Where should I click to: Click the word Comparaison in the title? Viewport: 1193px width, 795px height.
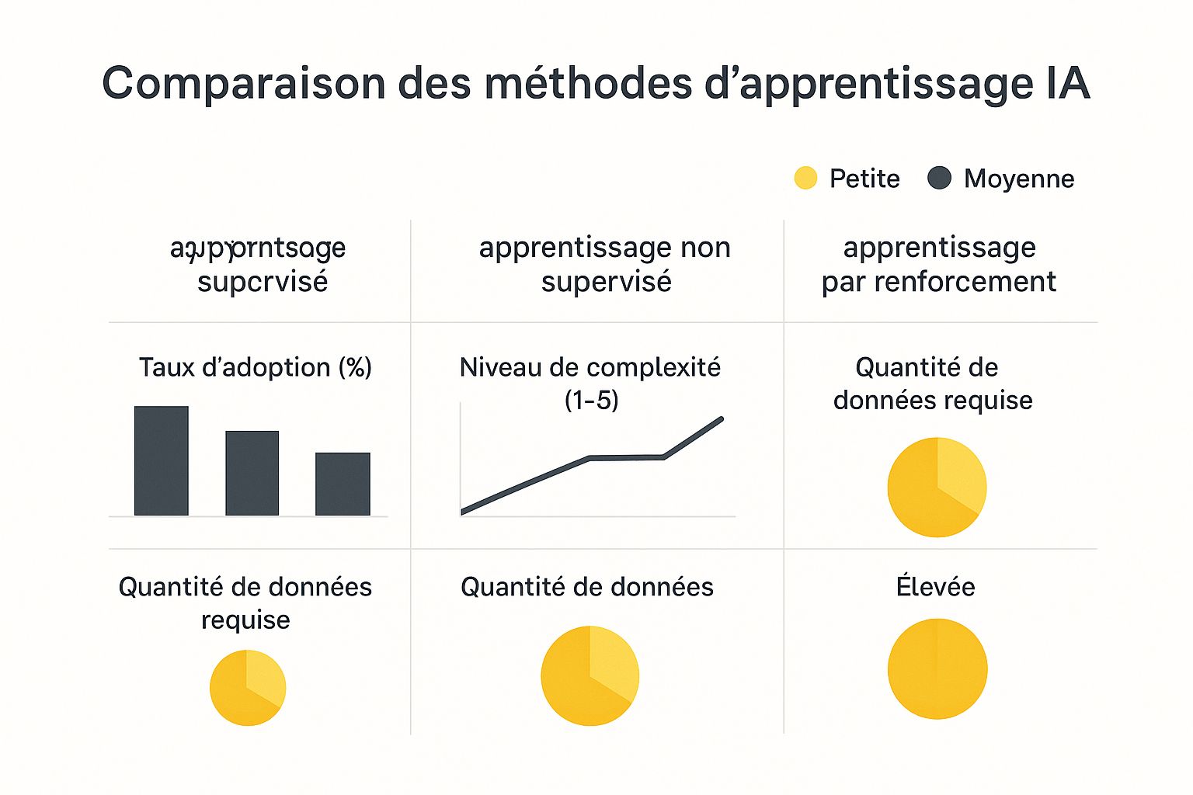[243, 83]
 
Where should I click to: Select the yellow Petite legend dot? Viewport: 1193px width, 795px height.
[805, 179]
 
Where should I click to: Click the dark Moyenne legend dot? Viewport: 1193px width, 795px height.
[939, 179]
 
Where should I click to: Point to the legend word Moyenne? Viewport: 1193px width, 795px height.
[1019, 179]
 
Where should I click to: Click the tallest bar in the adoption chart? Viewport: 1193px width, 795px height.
[162, 460]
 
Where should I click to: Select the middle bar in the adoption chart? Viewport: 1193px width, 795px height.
[252, 473]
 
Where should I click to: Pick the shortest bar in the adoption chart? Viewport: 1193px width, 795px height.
[343, 484]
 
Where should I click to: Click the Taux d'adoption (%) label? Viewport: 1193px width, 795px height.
[255, 367]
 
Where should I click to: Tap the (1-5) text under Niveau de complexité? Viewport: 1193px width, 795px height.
[591, 401]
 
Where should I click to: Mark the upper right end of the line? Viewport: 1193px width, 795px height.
[721, 420]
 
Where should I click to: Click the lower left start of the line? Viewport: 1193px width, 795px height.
[464, 511]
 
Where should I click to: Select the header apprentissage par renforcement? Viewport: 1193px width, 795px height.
[939, 264]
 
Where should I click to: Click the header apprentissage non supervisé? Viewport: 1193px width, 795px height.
[605, 264]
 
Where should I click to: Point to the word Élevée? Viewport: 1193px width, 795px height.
[935, 586]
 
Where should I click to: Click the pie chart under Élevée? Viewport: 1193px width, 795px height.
[937, 668]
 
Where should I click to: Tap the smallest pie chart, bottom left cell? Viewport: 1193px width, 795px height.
[248, 688]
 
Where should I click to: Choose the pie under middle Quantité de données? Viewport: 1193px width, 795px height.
[590, 675]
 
